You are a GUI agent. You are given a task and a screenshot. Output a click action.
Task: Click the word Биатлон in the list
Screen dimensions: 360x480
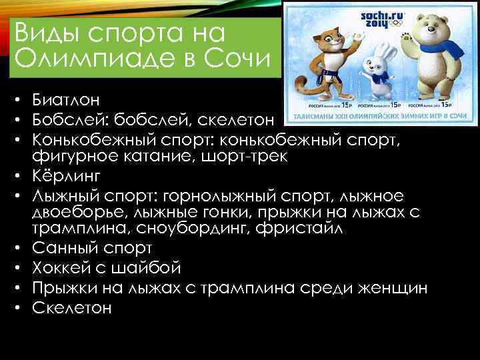coord(65,101)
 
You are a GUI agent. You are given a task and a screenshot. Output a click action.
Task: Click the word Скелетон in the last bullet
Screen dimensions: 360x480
coord(71,308)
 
